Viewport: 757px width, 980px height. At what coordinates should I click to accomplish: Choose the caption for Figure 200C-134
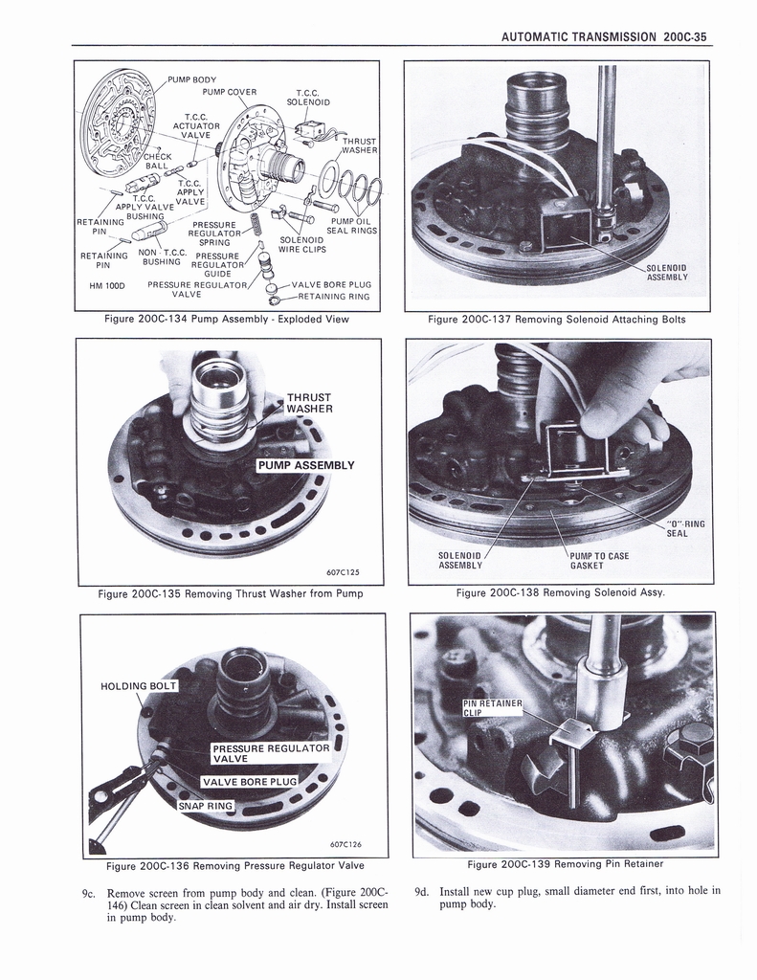coord(227,320)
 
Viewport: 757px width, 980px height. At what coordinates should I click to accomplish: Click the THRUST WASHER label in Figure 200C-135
coord(309,403)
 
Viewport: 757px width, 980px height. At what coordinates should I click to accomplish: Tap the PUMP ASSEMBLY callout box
coord(305,465)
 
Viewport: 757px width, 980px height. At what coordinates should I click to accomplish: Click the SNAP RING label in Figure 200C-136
coord(205,806)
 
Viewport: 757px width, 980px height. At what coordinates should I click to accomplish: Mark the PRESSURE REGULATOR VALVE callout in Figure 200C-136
coord(270,753)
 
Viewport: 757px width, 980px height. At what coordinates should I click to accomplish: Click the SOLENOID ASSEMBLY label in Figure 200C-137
coord(666,273)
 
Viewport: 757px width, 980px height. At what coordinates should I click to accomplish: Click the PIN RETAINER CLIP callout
coord(492,707)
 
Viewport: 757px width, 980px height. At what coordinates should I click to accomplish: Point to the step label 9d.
coord(422,891)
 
